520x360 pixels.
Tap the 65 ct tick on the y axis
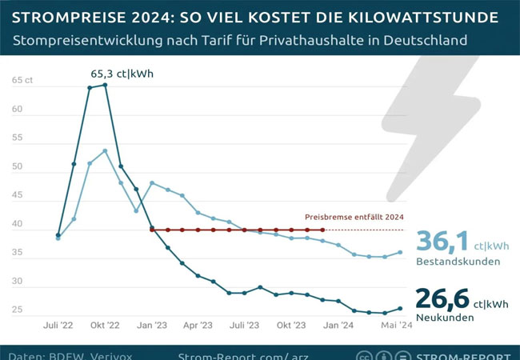click(23, 82)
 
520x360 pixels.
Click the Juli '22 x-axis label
click(58, 326)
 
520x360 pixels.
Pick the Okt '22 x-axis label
click(104, 326)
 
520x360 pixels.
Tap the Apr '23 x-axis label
click(198, 326)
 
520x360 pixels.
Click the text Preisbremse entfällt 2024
click(354, 217)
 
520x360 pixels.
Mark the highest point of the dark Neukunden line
click(105, 85)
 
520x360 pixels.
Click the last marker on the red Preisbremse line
click(322, 230)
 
